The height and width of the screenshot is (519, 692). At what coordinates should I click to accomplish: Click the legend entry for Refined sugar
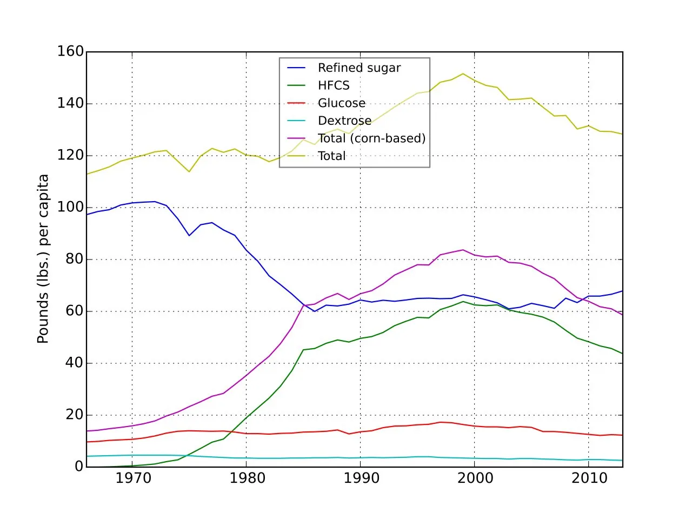[x=359, y=68]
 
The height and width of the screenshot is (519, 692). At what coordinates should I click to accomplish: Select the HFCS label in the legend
[x=334, y=85]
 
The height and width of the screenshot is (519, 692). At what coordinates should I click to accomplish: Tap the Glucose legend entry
[x=342, y=103]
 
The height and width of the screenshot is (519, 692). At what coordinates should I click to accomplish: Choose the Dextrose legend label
[x=344, y=121]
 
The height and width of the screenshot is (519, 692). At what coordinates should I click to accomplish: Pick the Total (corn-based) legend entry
[x=372, y=138]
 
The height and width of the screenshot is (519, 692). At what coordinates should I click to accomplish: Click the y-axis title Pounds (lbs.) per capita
[x=43, y=259]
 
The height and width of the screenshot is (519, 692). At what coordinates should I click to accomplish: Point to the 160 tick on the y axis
[x=70, y=51]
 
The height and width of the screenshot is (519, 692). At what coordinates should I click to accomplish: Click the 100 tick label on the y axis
[x=70, y=208]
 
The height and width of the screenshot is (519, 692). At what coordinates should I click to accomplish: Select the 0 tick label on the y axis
[x=79, y=467]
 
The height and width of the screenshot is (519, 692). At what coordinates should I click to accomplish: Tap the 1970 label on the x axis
[x=134, y=478]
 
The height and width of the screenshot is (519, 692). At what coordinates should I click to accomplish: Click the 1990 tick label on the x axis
[x=361, y=478]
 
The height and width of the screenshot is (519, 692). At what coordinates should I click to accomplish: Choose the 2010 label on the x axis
[x=589, y=478]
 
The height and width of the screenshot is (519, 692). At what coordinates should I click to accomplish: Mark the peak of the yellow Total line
[x=463, y=74]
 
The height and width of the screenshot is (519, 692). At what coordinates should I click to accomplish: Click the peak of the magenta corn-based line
[x=463, y=250]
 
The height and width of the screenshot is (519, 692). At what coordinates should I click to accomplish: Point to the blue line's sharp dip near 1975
[x=189, y=235]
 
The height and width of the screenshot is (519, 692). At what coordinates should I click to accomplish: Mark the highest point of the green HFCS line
[x=463, y=302]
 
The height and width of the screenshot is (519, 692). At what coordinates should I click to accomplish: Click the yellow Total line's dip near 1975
[x=189, y=171]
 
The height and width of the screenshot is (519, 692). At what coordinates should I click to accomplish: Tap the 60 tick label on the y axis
[x=75, y=311]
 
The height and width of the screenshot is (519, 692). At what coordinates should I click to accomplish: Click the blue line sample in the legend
[x=296, y=68]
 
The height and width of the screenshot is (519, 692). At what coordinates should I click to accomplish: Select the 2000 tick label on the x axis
[x=475, y=478]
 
